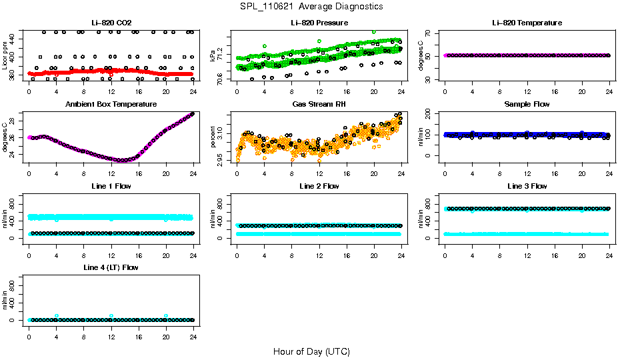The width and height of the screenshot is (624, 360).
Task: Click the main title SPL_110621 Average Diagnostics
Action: coord(312,6)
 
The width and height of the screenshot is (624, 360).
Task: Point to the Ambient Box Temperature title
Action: coord(111,105)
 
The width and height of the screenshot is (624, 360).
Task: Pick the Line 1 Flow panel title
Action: coord(111,186)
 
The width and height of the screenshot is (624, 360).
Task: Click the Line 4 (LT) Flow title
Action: coord(111,267)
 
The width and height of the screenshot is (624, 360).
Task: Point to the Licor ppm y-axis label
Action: coord(5,56)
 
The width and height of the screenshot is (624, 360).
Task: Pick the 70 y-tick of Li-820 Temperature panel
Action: coord(429,32)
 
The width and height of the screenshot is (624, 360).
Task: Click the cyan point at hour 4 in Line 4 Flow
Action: coord(57,315)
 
